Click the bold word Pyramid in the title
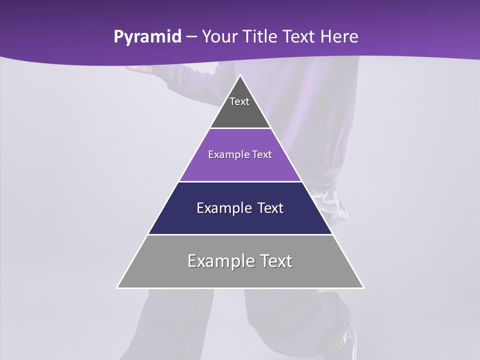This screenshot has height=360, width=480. [x=147, y=37]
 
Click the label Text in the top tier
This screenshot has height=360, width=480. [x=239, y=101]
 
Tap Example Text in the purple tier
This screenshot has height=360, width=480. [x=240, y=154]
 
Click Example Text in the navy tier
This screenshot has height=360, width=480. [x=240, y=208]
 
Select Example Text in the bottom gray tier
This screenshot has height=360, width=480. [x=240, y=261]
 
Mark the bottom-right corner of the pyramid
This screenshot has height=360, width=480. [x=363, y=287]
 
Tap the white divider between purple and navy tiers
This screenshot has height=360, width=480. [x=240, y=181]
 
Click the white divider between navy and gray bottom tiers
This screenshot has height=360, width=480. [x=240, y=234]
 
